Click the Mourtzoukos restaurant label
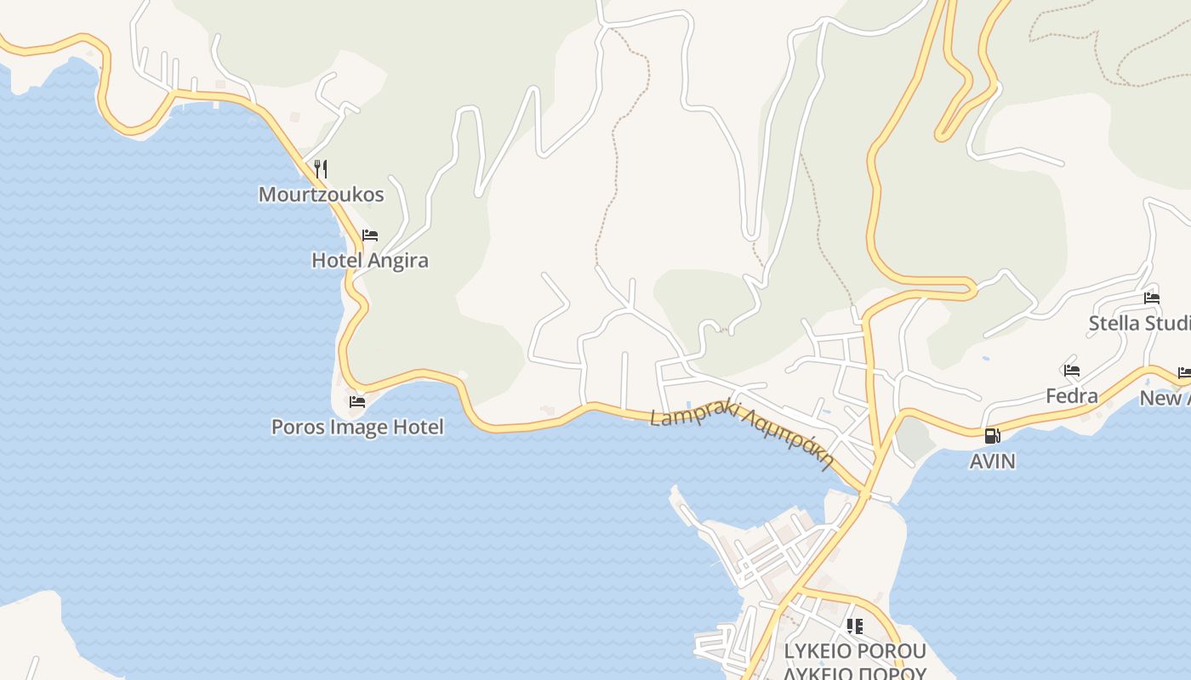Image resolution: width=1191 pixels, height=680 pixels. coord(321,195)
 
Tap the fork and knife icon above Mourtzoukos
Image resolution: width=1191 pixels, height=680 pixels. coord(321,168)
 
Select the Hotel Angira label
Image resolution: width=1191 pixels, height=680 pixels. coord(369,260)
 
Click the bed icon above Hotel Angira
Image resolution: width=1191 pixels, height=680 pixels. coord(370,235)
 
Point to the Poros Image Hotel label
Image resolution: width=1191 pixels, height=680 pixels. coord(357,427)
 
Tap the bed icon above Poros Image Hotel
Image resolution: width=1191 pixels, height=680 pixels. coord(357,401)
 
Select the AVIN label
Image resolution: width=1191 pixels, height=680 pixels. coord(992,462)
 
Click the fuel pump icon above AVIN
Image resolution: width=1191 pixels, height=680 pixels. coord(992,436)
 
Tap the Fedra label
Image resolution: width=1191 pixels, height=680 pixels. coord(1071,396)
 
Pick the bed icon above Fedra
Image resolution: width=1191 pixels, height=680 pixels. coord(1072,371)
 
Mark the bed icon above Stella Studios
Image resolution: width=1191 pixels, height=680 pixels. coord(1152,298)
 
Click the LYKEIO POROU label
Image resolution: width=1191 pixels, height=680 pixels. coord(854,652)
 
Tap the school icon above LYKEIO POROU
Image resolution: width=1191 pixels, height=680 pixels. coord(855,627)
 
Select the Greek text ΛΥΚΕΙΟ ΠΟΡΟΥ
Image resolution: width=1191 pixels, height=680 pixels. coord(854,673)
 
